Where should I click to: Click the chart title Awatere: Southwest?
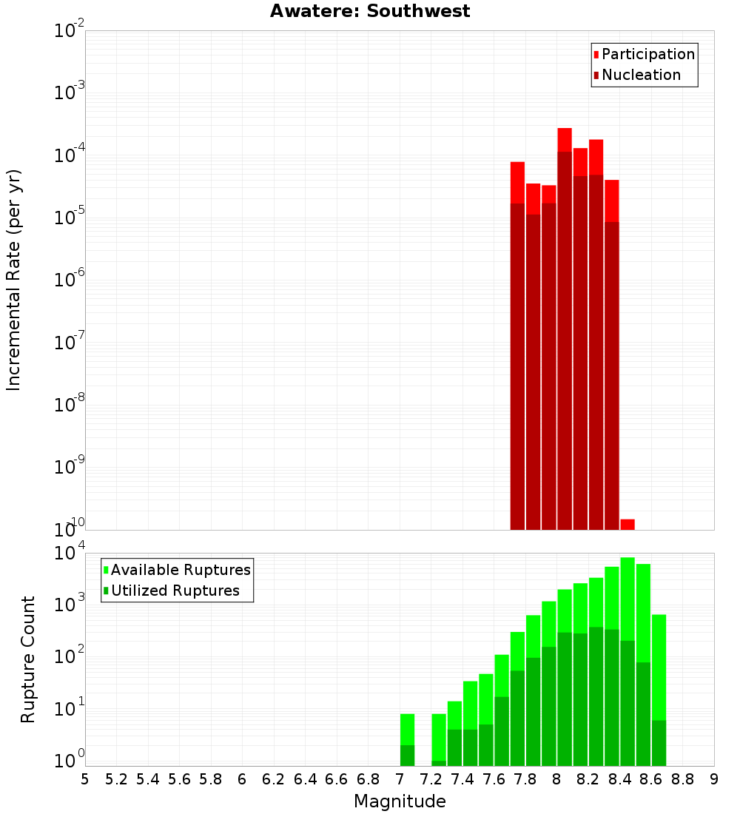370,11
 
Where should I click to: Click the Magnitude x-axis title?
400,801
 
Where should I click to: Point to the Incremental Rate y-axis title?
13,280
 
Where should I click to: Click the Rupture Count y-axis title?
28,659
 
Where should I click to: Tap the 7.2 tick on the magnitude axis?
431,778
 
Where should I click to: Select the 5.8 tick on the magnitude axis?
211,778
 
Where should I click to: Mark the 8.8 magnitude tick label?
682,778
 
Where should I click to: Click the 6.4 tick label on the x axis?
305,778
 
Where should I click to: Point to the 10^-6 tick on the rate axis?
70,280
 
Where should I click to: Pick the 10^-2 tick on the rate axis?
70,31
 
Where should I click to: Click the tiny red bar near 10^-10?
628,524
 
